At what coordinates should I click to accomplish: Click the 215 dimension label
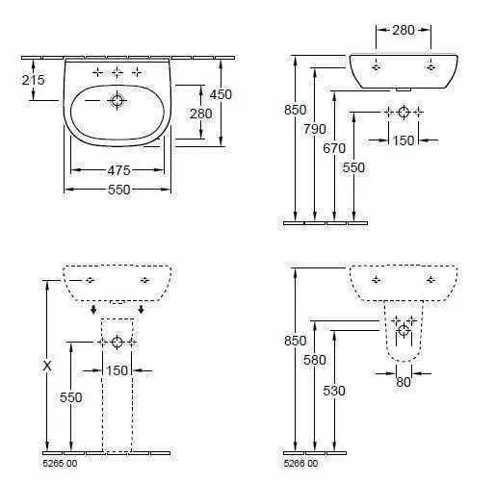coord(34,80)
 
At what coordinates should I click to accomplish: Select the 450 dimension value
coord(221,94)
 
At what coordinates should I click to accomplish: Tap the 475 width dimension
coord(118,170)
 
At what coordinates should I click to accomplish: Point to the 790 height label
coord(315,129)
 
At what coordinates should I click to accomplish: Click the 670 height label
coord(334,148)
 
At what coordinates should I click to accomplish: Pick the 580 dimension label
coord(315,360)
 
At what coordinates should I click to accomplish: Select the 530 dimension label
coord(334,391)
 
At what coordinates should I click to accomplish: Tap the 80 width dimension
coord(404,382)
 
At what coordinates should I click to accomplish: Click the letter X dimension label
coord(47,366)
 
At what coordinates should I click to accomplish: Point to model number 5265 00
coord(60,464)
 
